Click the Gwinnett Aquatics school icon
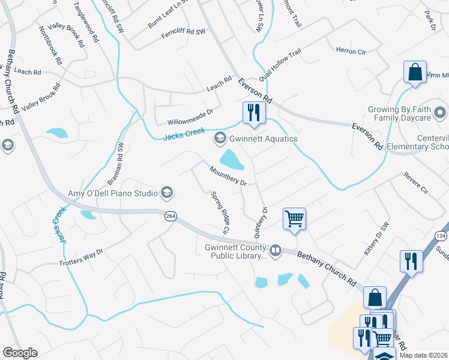point(220,139)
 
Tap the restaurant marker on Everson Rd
point(254,112)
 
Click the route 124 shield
point(441,235)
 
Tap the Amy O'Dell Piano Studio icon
point(167,193)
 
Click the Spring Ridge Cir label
point(220,212)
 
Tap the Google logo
point(20,353)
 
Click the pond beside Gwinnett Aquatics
point(231,159)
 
